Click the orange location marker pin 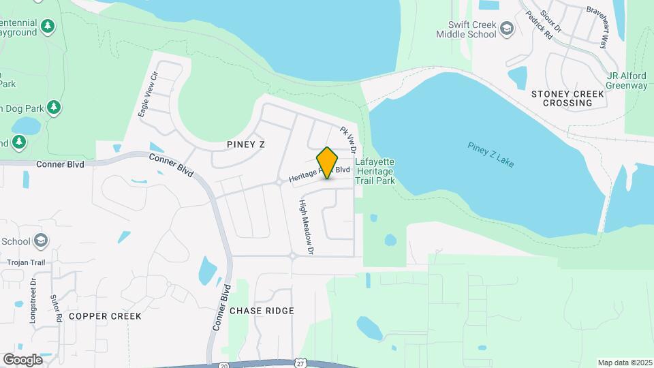point(328,162)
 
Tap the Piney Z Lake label point(491,155)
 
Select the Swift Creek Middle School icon point(506,28)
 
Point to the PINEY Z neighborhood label point(245,144)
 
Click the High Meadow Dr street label point(307,227)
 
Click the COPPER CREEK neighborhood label point(105,316)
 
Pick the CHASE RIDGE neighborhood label point(262,311)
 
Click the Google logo point(22,359)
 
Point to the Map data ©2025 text point(625,363)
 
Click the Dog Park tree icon point(54,108)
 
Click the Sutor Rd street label point(57,308)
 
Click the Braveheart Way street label point(599,28)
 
